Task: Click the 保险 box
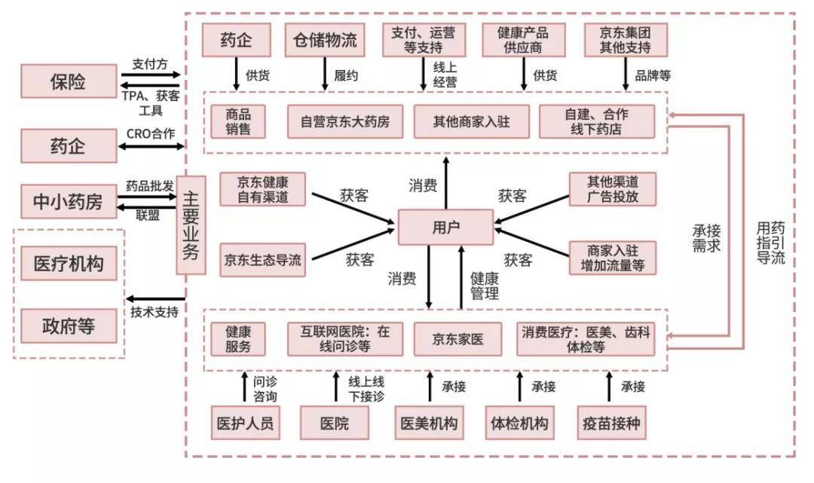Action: click(x=69, y=81)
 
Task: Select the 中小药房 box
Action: click(x=69, y=202)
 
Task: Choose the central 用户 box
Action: click(x=445, y=227)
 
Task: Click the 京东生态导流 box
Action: click(x=262, y=260)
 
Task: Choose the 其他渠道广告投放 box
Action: click(x=612, y=189)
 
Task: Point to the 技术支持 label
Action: click(x=154, y=312)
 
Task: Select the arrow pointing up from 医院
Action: click(x=336, y=387)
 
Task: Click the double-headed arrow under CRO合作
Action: click(x=151, y=146)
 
